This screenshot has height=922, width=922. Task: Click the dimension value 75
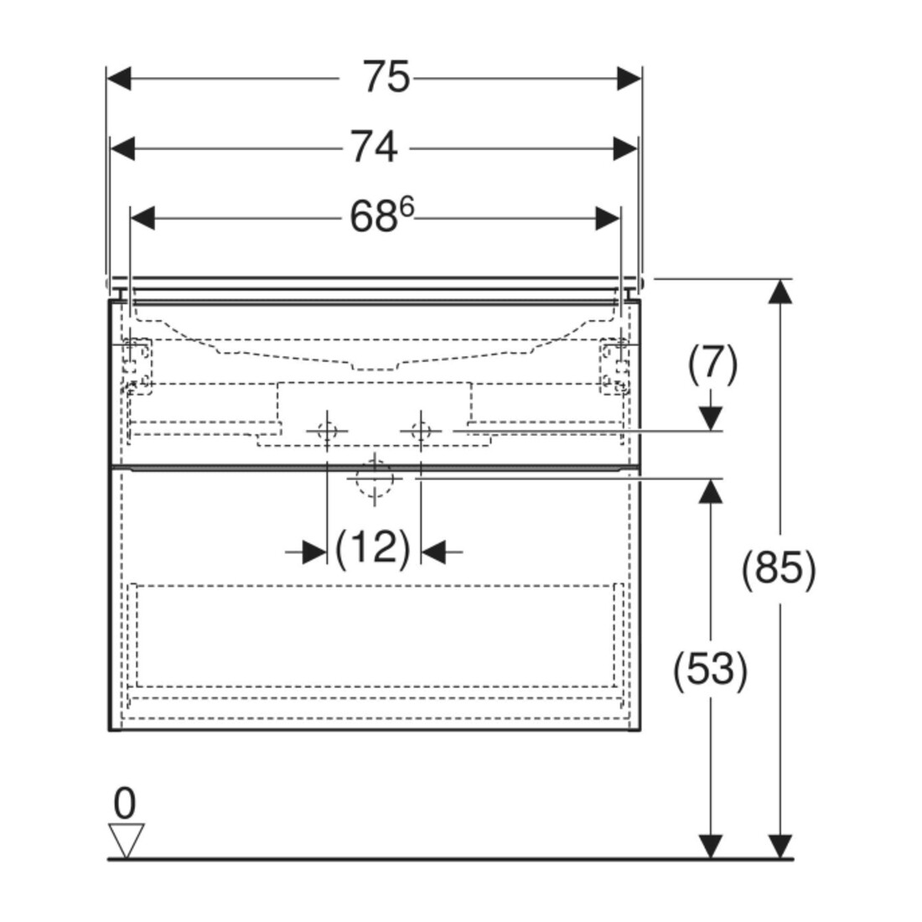pyautogui.click(x=386, y=77)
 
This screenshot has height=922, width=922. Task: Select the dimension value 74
pyautogui.click(x=374, y=147)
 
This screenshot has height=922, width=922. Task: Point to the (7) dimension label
pyautogui.click(x=712, y=363)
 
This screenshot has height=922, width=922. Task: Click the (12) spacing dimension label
pyautogui.click(x=372, y=549)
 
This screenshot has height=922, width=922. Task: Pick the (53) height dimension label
pyautogui.click(x=710, y=670)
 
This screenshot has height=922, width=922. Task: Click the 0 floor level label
pyautogui.click(x=125, y=803)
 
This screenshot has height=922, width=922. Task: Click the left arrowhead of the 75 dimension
pyautogui.click(x=119, y=78)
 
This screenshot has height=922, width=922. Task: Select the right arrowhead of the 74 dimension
pyautogui.click(x=625, y=148)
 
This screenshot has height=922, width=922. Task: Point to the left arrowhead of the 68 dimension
pyautogui.click(x=142, y=218)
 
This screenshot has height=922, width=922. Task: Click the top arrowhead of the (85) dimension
pyautogui.click(x=780, y=291)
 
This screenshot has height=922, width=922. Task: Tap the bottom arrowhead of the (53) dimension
pyautogui.click(x=712, y=847)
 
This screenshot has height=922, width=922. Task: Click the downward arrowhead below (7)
pyautogui.click(x=712, y=418)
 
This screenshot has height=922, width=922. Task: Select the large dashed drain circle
pyautogui.click(x=375, y=479)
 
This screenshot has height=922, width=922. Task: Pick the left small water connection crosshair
pyautogui.click(x=327, y=431)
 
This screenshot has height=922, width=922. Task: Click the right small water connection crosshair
pyautogui.click(x=421, y=431)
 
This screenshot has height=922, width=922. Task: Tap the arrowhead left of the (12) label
pyautogui.click(x=314, y=552)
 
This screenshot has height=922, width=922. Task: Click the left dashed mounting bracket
pyautogui.click(x=137, y=366)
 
